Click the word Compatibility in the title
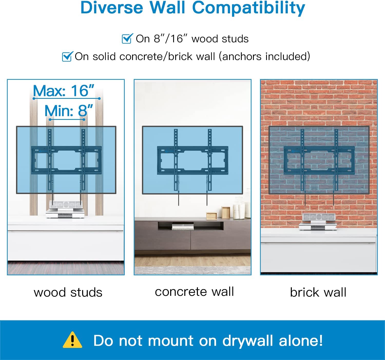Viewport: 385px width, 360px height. point(248,8)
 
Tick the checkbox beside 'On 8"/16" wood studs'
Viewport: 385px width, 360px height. point(127,38)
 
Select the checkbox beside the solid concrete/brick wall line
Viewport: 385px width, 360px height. point(67,56)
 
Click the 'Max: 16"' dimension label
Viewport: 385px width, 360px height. point(63,91)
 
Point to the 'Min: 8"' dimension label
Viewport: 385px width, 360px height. point(69,111)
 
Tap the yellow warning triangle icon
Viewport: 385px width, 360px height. point(72,340)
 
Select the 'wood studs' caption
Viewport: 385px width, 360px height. point(68,292)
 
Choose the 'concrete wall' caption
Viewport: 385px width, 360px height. point(195,291)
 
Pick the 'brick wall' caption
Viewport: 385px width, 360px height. point(318,292)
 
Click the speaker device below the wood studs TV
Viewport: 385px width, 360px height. point(65,209)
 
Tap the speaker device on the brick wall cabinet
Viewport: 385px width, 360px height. point(318,222)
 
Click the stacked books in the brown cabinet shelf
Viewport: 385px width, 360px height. point(182,227)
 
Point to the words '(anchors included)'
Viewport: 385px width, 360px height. point(264,57)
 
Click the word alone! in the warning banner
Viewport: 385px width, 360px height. point(301,340)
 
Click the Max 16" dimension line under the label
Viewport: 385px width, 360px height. point(67,99)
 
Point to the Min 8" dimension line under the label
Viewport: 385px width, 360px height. point(67,120)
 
